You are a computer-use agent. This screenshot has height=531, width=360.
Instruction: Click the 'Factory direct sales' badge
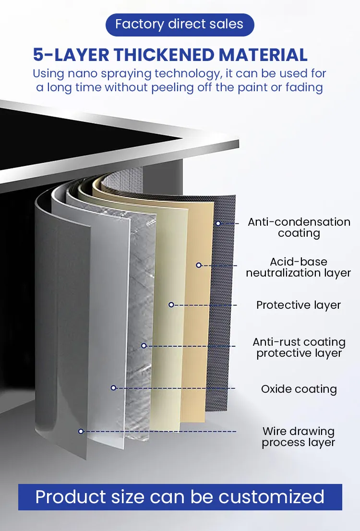click(180, 24)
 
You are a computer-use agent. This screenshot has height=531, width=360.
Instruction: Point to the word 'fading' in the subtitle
click(304, 88)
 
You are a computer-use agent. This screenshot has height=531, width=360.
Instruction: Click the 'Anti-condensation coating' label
click(299, 228)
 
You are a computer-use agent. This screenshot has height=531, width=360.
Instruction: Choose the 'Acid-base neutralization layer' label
click(299, 267)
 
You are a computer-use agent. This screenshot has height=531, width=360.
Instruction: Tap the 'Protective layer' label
click(299, 305)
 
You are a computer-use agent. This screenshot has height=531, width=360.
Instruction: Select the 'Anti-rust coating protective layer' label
click(299, 348)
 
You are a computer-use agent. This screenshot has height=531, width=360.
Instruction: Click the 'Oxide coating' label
click(299, 389)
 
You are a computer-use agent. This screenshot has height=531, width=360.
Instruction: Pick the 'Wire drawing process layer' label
click(299, 437)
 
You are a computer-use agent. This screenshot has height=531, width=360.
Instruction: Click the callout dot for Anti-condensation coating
click(218, 224)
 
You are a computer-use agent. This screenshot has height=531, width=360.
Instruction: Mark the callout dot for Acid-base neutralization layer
click(199, 265)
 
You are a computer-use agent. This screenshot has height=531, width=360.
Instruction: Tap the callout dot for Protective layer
click(171, 305)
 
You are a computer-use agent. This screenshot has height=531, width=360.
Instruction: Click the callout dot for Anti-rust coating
click(144, 346)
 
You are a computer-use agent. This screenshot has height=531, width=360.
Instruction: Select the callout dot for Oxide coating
click(113, 388)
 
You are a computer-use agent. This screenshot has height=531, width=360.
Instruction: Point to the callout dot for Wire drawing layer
click(81, 431)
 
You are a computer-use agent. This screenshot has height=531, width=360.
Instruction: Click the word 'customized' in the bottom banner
click(271, 497)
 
